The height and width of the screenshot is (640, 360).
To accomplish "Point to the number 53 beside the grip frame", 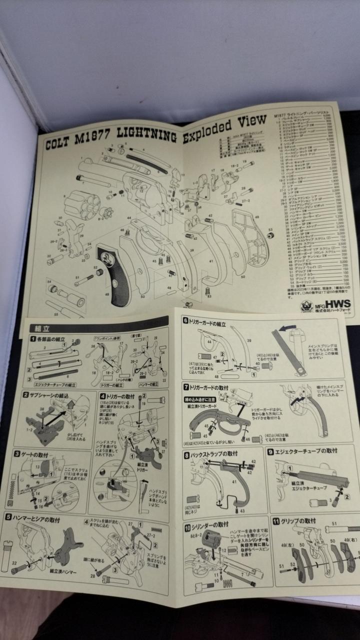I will [x=270, y=230].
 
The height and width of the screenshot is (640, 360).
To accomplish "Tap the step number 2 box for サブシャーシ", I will [x=25, y=394].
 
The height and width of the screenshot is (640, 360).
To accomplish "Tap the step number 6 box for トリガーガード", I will [x=186, y=321].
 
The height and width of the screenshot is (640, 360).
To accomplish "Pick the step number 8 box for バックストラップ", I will [x=186, y=455].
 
